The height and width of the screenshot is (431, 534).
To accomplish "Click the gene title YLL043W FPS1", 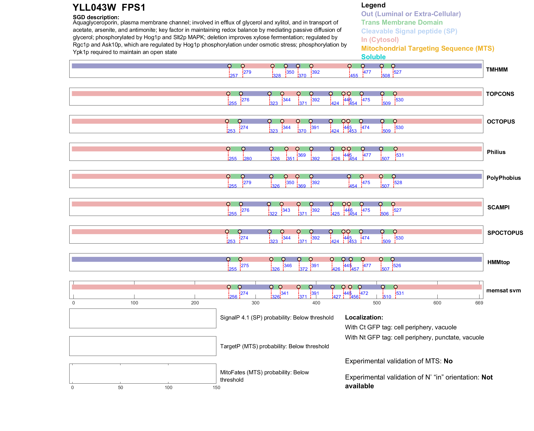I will (x=109, y=8).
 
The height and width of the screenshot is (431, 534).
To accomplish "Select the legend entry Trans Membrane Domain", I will (x=402, y=22).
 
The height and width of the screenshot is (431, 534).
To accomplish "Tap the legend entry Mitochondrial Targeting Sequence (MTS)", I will (x=427, y=48).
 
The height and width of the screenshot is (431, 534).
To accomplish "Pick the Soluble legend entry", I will (x=373, y=57).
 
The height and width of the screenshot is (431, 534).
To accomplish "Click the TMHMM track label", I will (x=497, y=70).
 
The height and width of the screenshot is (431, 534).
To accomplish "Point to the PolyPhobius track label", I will (x=503, y=178).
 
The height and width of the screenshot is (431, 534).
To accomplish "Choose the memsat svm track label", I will (x=503, y=290).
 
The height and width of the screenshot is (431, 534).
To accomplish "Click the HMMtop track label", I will (x=498, y=262).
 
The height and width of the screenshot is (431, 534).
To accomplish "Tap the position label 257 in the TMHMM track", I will (x=234, y=76).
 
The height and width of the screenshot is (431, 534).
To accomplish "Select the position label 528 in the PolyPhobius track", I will (x=398, y=183).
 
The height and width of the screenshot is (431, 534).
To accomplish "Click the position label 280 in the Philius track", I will (x=248, y=159).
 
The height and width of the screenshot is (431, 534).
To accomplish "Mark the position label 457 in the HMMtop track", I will (x=355, y=269).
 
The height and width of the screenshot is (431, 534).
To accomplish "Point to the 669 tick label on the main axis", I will (x=479, y=303).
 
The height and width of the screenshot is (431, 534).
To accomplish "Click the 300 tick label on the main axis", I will (x=255, y=303).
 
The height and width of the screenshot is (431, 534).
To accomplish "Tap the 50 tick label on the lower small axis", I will (x=120, y=388).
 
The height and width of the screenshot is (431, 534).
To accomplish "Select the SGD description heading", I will (x=96, y=17).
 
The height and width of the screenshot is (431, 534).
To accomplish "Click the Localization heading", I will (x=364, y=318).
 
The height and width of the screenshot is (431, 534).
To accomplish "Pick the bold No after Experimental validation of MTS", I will (x=448, y=361).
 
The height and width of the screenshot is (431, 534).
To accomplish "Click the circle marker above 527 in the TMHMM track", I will (x=393, y=66).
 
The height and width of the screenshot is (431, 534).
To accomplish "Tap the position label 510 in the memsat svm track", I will (x=387, y=297).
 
